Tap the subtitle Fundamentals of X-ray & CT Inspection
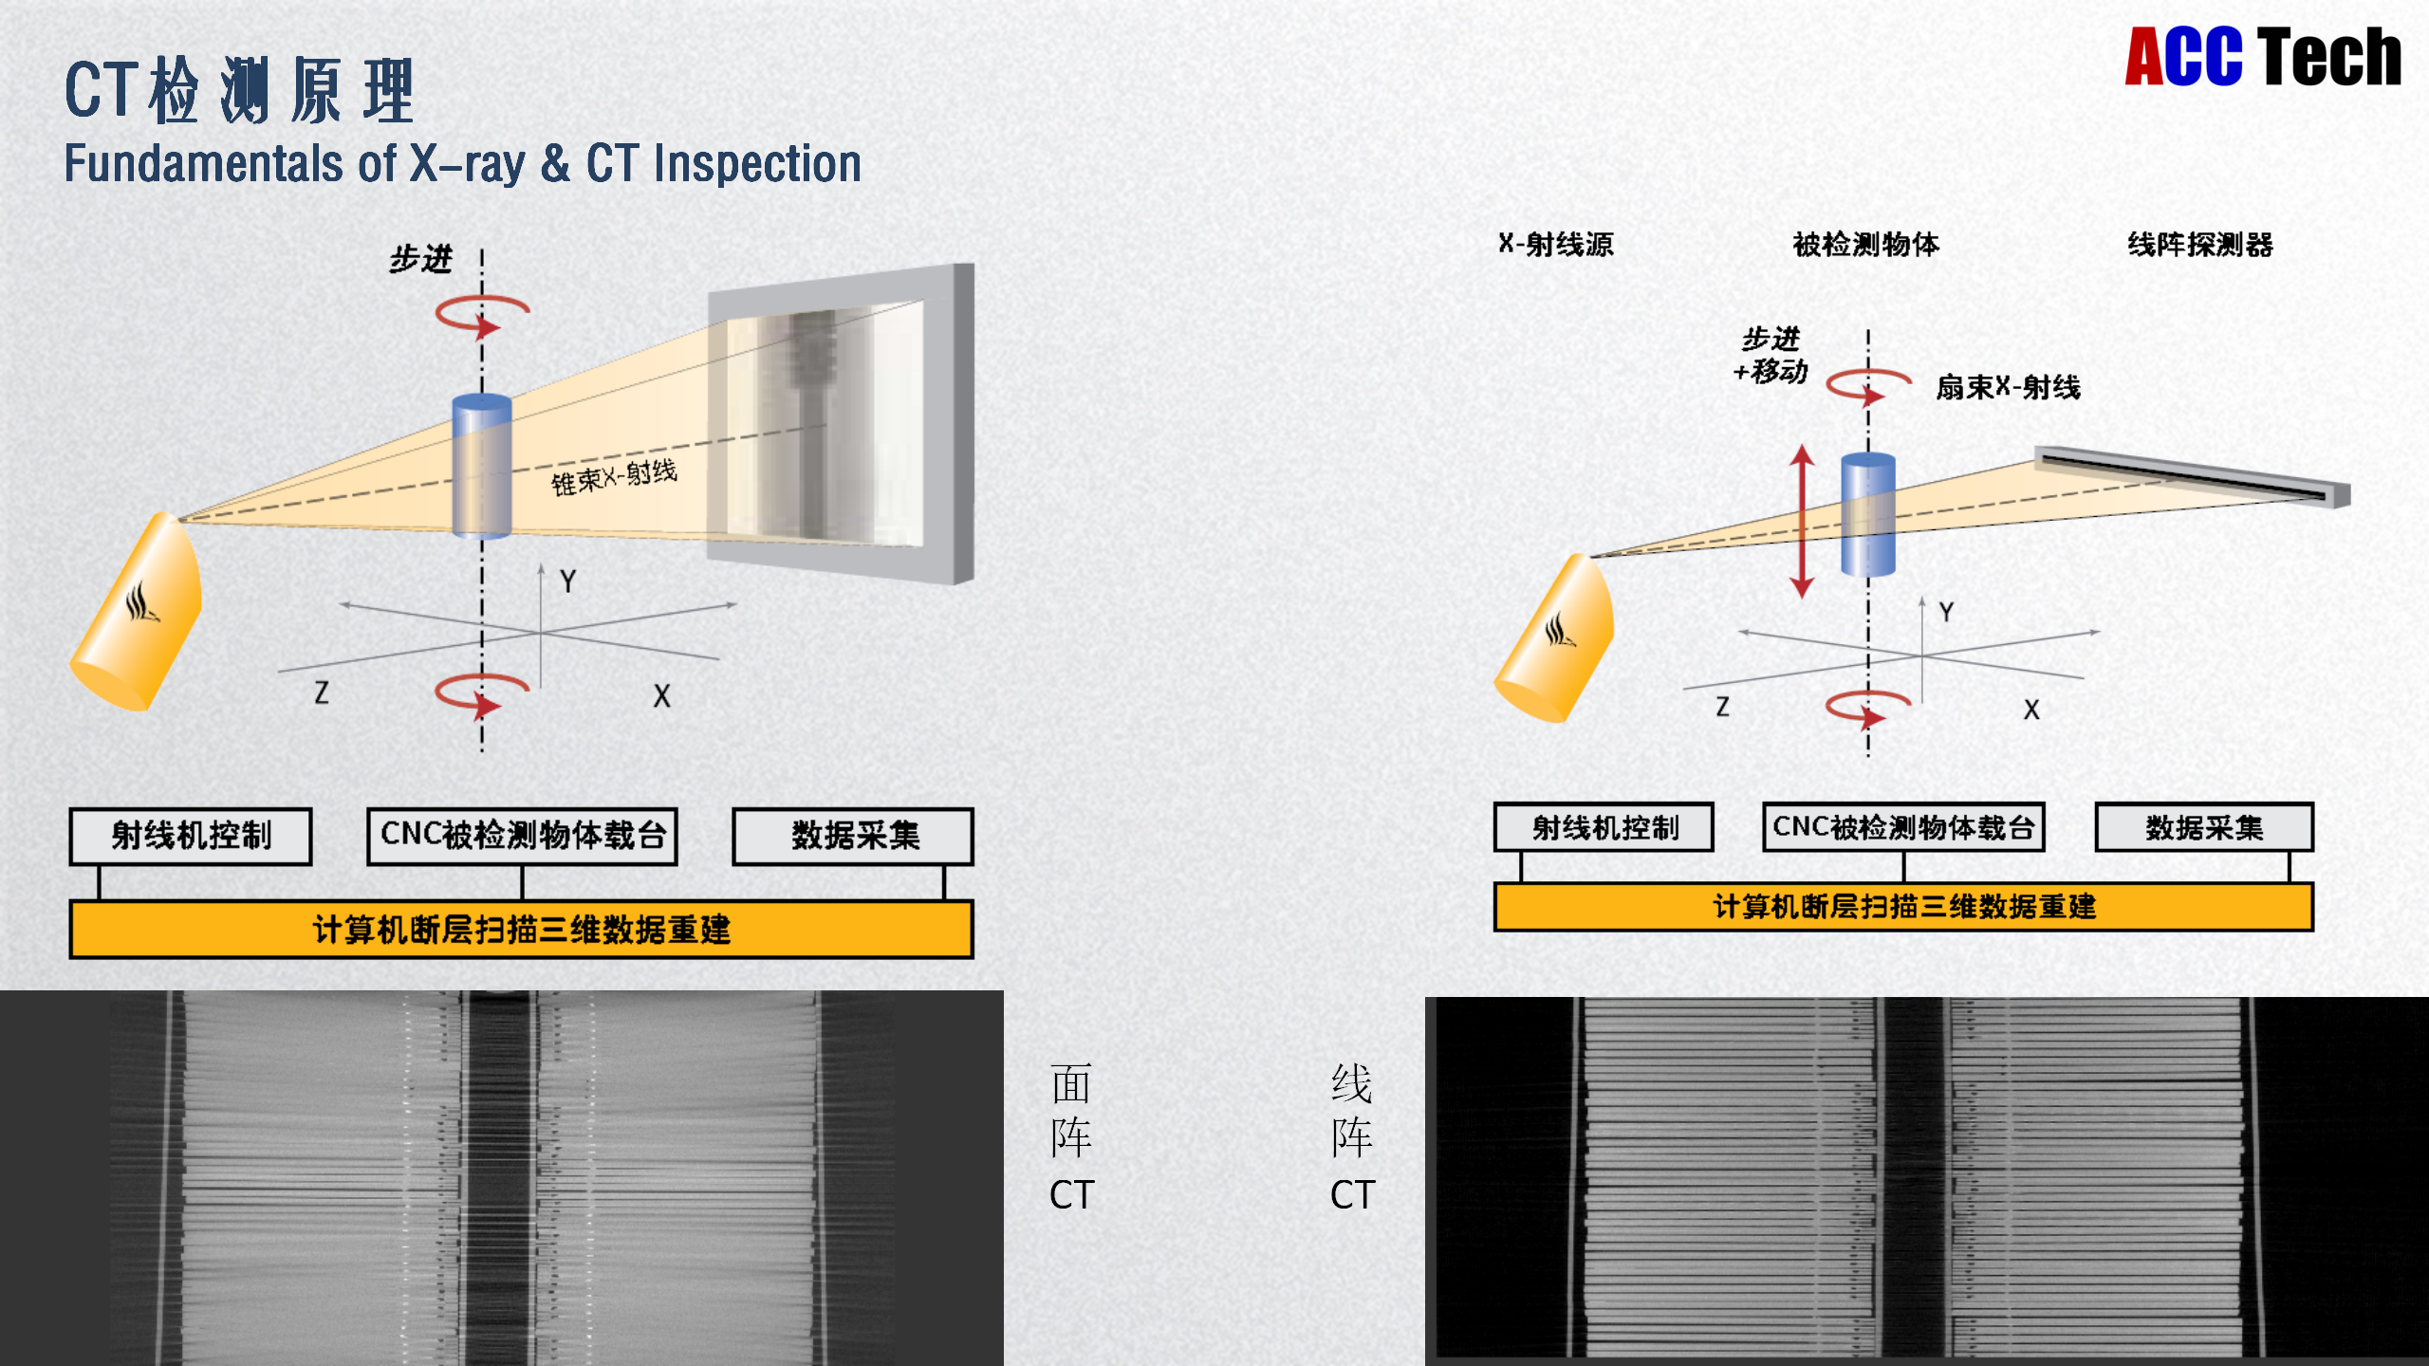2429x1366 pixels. (x=462, y=163)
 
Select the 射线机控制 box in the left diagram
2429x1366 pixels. (x=191, y=836)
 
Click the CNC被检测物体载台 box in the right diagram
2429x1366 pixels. (x=1902, y=827)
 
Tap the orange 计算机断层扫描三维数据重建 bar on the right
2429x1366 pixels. (x=1902, y=907)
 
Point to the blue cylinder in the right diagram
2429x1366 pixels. (x=1867, y=514)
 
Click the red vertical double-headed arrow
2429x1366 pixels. (x=1802, y=521)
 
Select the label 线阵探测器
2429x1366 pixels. (x=2199, y=245)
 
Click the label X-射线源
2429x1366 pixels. (x=1556, y=245)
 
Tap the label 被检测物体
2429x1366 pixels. (x=1865, y=245)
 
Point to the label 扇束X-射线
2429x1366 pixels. (x=2008, y=387)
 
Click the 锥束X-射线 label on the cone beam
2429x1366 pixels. (x=614, y=476)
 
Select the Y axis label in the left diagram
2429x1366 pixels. (x=567, y=581)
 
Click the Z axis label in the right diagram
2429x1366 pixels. (x=1722, y=707)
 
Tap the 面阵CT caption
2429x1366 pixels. (x=1072, y=1137)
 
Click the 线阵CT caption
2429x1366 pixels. (x=1352, y=1137)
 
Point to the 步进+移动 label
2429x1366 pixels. (x=1771, y=355)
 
